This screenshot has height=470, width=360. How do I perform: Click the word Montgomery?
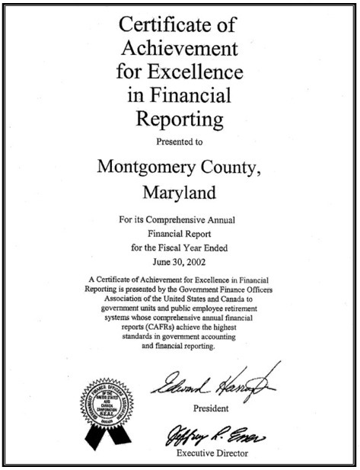coord(142,165)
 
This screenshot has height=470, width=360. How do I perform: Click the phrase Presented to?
coord(180,141)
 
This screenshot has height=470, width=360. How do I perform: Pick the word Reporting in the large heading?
coord(180,119)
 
